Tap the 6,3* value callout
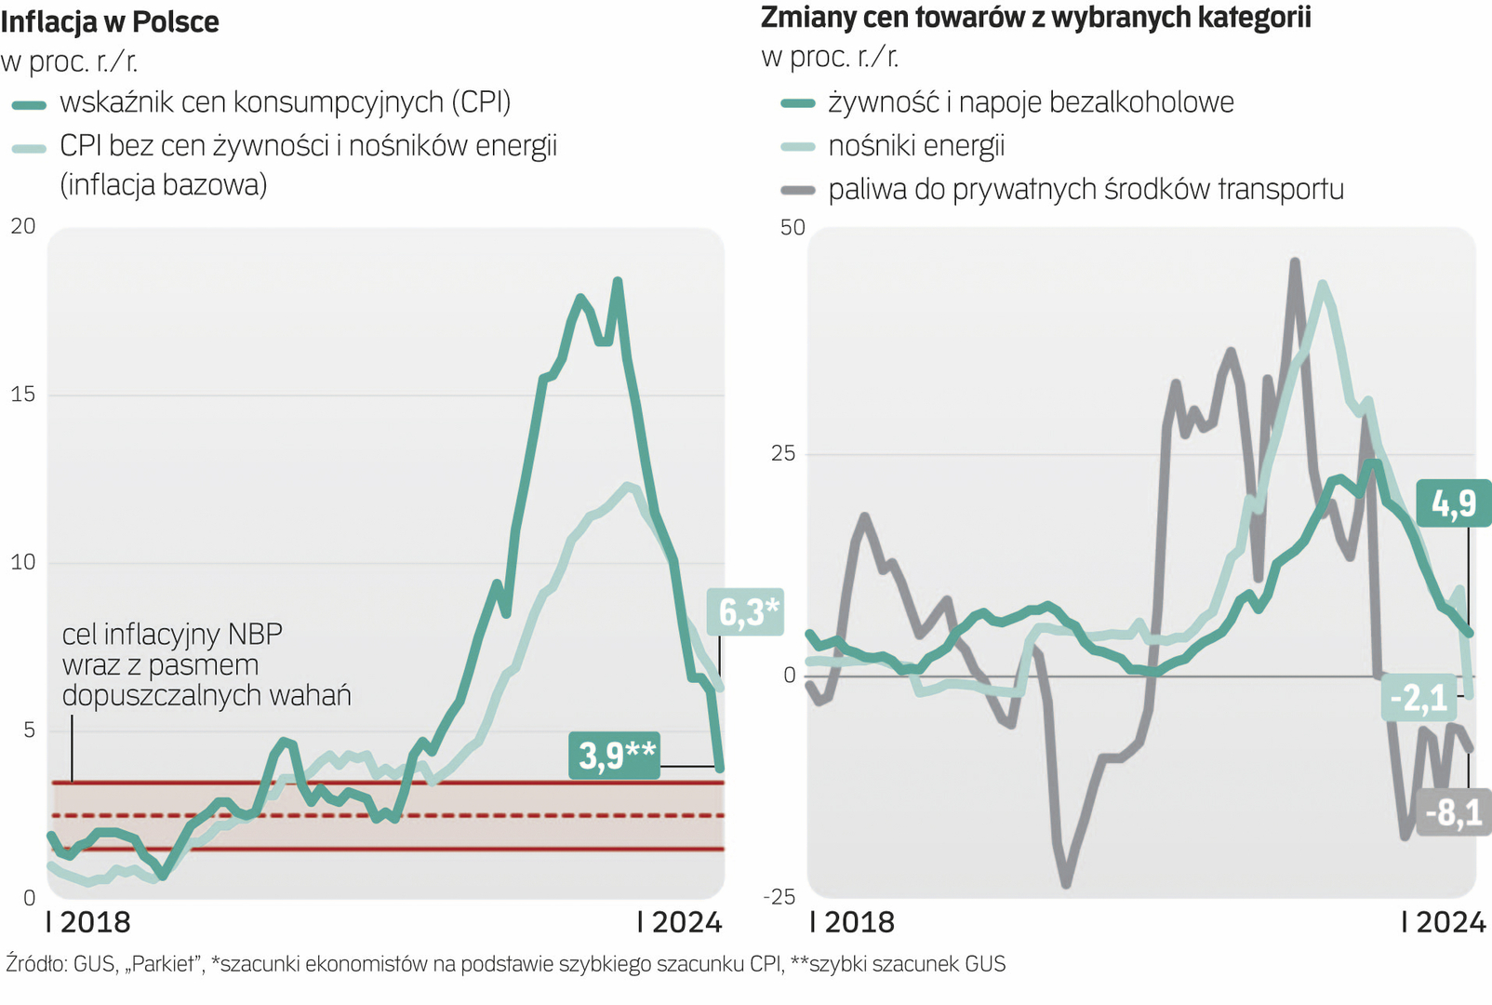746,611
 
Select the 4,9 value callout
1453,503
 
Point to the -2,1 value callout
1419,696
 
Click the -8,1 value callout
1455,812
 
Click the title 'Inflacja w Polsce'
110,21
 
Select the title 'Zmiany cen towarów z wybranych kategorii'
1035,18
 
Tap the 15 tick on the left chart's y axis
23,395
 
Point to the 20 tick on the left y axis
23,226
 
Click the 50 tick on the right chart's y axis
793,228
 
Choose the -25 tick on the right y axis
779,896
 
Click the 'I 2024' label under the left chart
679,922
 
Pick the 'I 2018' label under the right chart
852,922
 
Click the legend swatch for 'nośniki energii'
797,147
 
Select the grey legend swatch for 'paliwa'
797,191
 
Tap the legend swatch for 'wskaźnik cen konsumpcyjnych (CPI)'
30,105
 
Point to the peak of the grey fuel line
1295,262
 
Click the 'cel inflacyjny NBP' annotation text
173,635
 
